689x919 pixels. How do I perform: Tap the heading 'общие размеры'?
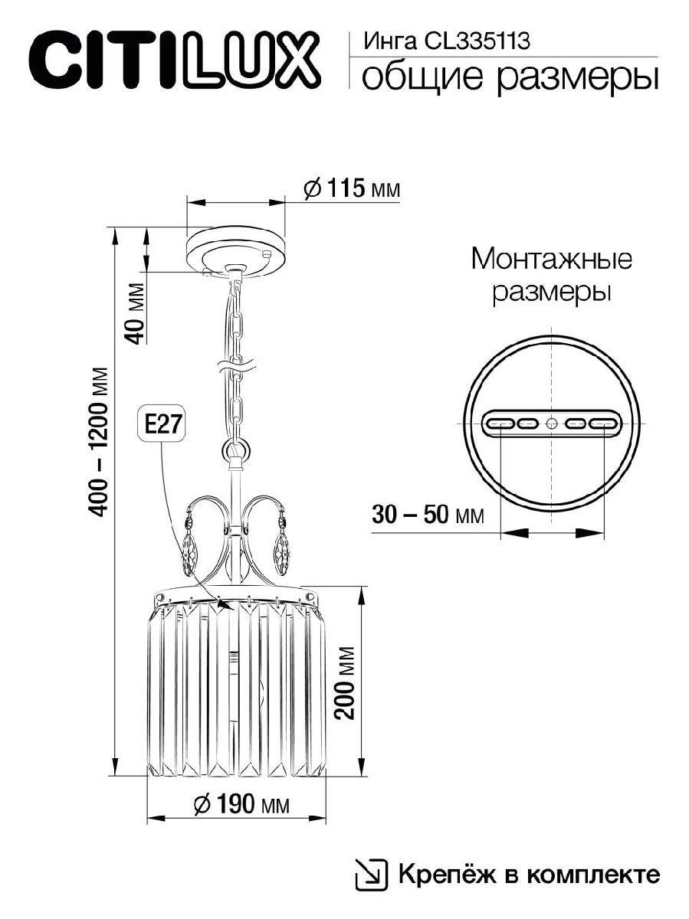pyautogui.click(x=509, y=77)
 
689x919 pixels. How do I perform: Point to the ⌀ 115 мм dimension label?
pyautogui.click(x=352, y=188)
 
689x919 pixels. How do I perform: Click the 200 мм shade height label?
pyautogui.click(x=346, y=682)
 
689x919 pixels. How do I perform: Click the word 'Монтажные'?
pyautogui.click(x=551, y=259)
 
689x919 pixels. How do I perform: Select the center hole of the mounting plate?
pyautogui.click(x=552, y=423)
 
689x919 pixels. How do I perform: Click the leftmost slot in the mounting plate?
pyautogui.click(x=500, y=423)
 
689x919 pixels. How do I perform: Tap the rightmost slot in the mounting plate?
pyautogui.click(x=604, y=423)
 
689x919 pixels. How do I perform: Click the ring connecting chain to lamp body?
pyautogui.click(x=237, y=450)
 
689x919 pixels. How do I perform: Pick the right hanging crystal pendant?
pyautogui.click(x=282, y=548)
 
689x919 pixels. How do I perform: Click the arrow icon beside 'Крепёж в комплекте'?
pyautogui.click(x=371, y=873)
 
